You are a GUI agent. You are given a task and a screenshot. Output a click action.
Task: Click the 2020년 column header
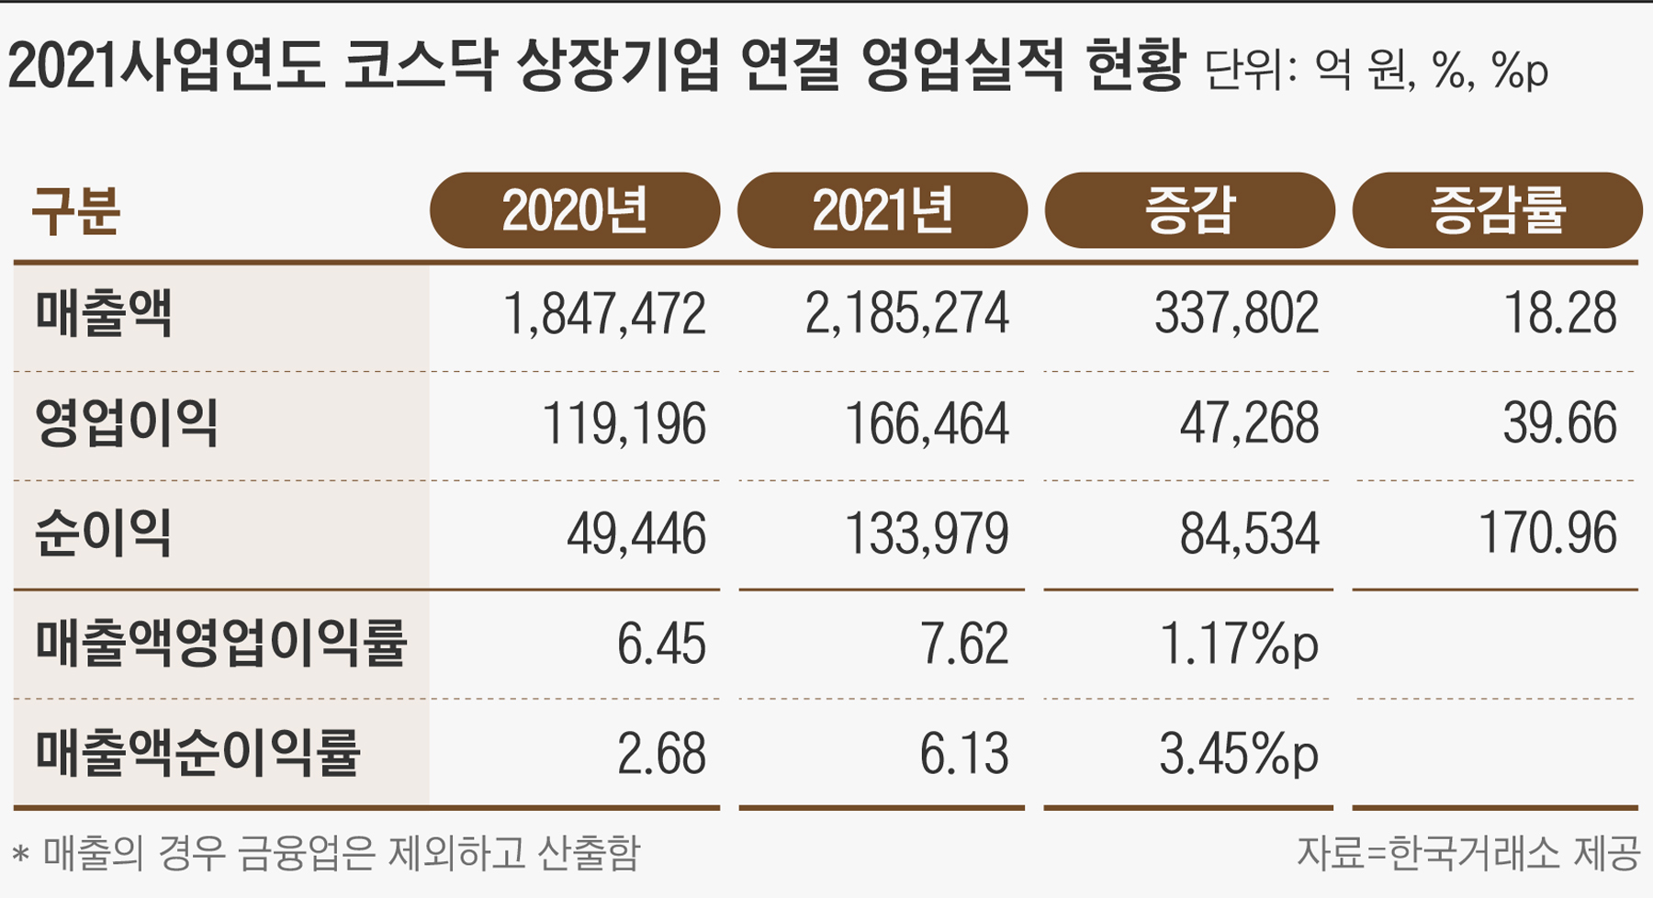point(575,210)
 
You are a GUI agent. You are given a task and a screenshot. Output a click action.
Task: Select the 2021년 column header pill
point(882,210)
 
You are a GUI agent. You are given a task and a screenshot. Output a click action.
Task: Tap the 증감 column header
point(1189,210)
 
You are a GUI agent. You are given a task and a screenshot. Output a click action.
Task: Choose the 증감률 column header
point(1497,210)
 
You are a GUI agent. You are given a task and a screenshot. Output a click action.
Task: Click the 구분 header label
point(75,211)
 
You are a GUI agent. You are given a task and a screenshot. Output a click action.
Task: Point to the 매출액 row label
point(103,313)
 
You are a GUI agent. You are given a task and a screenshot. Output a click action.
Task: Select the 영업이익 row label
point(126,423)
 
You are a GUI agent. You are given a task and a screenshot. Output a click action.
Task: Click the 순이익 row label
point(103,533)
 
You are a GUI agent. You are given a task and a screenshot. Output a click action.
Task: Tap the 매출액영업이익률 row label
point(220,643)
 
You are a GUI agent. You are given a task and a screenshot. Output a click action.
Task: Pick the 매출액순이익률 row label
point(197,753)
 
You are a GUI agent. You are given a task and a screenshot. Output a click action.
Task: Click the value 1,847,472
point(604,314)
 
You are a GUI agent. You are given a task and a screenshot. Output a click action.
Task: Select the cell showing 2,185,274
point(906,314)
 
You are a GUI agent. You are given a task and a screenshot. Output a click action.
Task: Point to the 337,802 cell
point(1236,314)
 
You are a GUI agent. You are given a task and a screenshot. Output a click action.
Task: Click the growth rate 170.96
point(1547,533)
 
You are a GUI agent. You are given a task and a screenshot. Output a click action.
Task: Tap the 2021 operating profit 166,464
point(926,424)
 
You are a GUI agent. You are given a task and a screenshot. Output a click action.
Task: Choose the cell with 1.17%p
point(1239,644)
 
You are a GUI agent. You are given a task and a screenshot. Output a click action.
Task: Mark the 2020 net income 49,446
point(635,533)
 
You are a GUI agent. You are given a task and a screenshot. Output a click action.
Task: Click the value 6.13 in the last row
point(963,754)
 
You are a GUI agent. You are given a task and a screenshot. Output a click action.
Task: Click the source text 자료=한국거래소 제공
point(1467,853)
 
